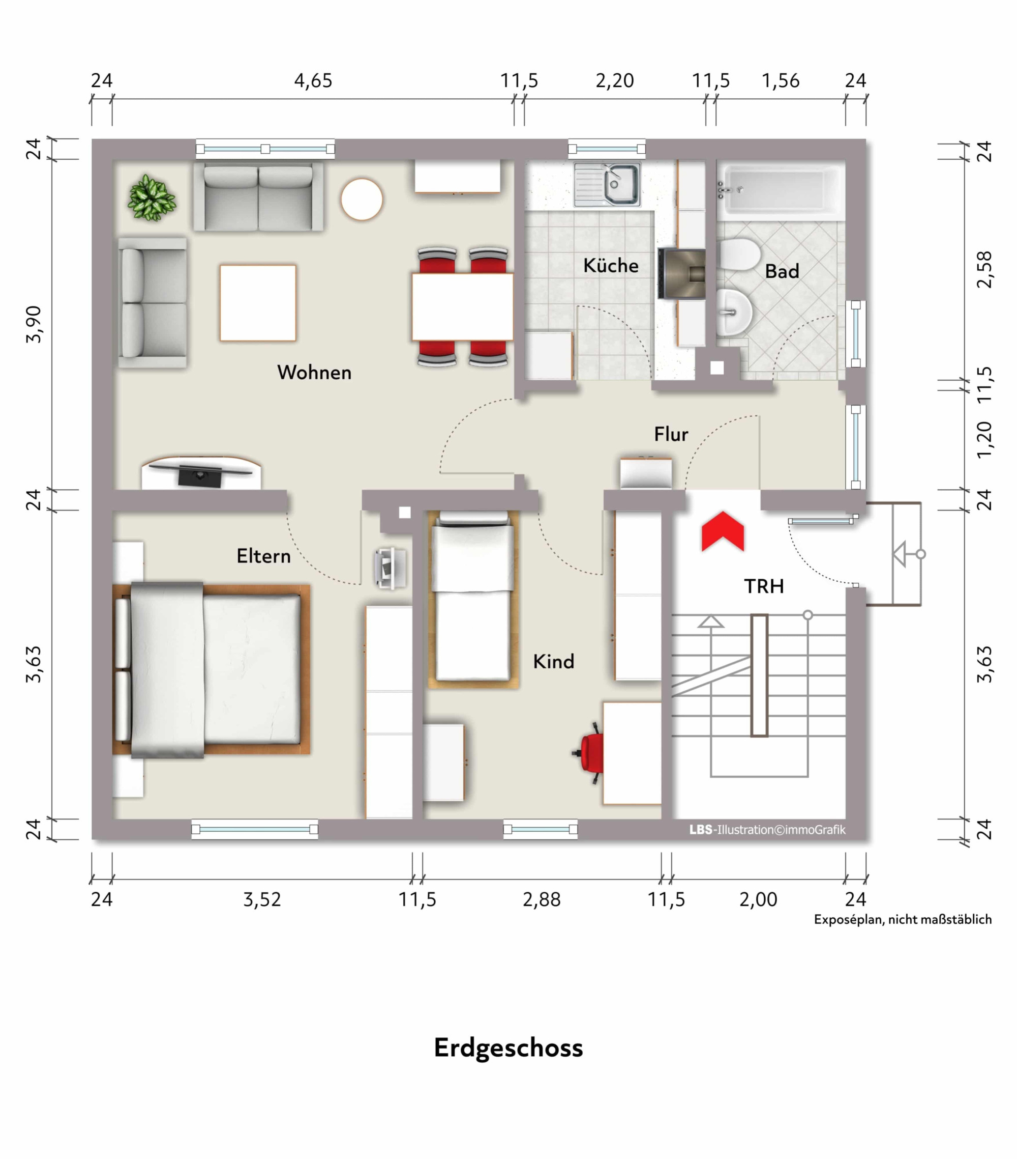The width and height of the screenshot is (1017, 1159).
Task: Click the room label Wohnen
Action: tap(314, 373)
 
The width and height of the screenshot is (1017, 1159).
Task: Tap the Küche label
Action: tap(611, 265)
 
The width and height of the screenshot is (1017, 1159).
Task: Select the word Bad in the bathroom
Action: tap(782, 271)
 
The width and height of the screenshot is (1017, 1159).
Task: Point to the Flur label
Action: tap(671, 434)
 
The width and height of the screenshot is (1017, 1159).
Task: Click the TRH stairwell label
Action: tap(764, 586)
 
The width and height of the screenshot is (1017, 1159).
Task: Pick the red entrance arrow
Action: tap(723, 531)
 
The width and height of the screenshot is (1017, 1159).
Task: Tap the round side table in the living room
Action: tap(362, 199)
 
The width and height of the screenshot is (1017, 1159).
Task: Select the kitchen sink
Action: tap(607, 185)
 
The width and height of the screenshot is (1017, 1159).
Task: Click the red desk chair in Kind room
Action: tap(589, 753)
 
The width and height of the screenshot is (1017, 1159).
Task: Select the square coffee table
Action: tap(258, 303)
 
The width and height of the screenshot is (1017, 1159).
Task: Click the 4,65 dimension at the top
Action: tap(313, 80)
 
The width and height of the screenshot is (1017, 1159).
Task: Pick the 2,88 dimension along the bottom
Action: tap(542, 899)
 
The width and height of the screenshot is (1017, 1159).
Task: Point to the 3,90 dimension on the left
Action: tap(34, 324)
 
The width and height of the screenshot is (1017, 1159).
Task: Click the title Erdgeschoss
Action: tap(508, 1048)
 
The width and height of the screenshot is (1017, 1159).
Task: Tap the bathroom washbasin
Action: tap(734, 312)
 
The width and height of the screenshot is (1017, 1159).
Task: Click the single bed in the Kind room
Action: tap(472, 599)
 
